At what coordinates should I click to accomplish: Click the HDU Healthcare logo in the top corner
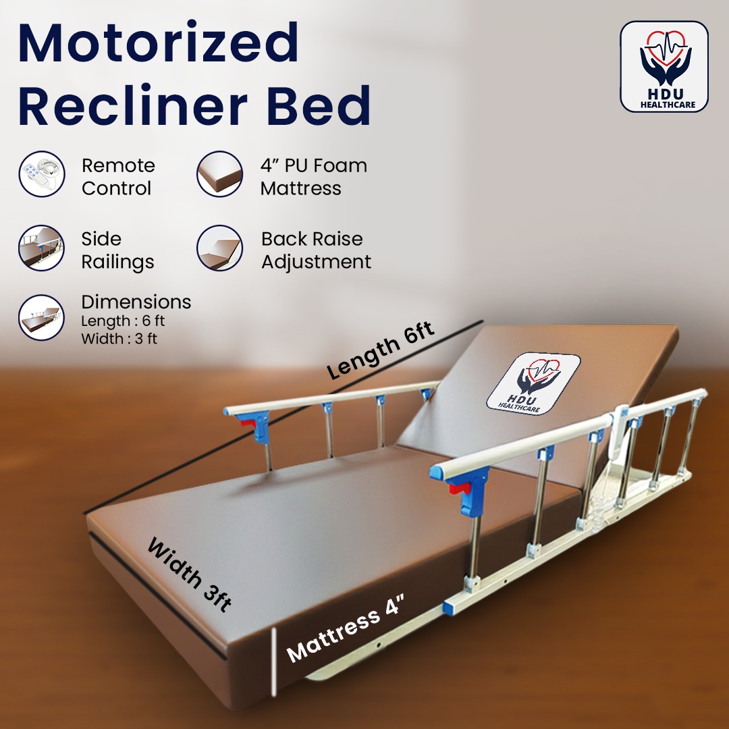click(664, 66)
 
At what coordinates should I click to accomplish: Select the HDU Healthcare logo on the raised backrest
click(534, 383)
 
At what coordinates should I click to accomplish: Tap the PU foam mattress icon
click(219, 174)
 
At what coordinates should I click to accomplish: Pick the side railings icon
click(42, 248)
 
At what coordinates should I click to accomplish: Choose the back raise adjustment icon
click(219, 248)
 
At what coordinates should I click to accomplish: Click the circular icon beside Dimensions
click(42, 317)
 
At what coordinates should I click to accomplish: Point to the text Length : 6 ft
click(123, 321)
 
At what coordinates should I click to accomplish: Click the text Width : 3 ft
click(119, 339)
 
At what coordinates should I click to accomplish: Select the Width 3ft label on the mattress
click(189, 574)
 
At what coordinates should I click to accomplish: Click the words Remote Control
click(118, 177)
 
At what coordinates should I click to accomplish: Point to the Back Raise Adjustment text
click(316, 250)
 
